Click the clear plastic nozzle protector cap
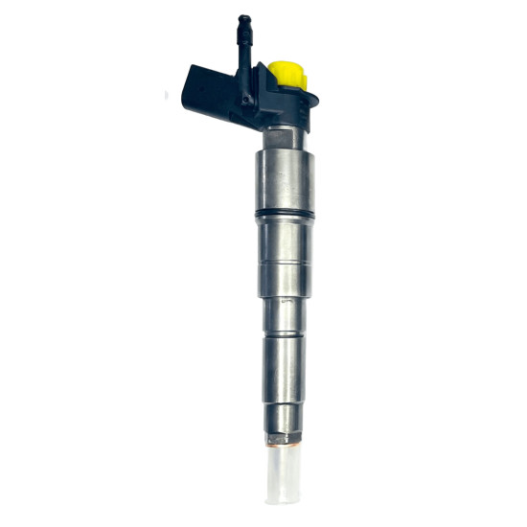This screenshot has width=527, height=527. [x=284, y=479]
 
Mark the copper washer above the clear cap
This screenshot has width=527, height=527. [x=284, y=443]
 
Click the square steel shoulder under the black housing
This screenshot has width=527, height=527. [x=285, y=138]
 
